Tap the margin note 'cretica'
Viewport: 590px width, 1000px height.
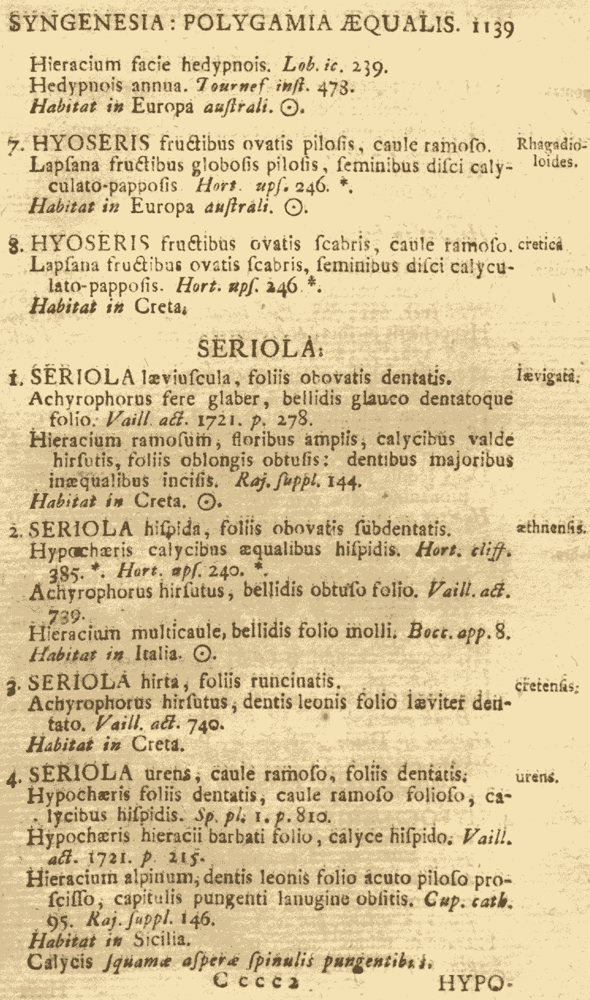click(541, 246)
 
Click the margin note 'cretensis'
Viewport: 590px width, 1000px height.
click(545, 687)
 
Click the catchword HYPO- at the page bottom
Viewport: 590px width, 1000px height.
click(473, 984)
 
